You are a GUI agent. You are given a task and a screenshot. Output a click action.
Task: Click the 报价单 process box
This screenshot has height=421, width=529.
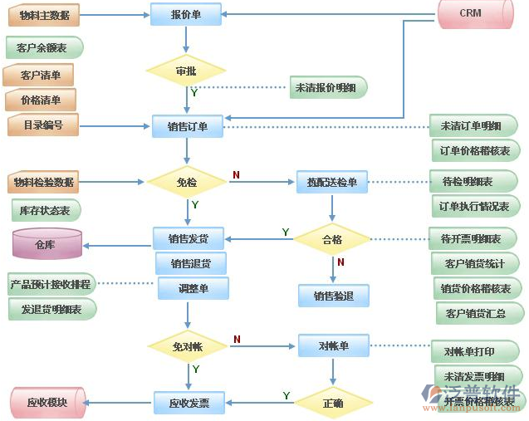pos(186,14)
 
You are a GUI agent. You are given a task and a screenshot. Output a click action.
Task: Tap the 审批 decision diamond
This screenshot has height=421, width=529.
pos(186,71)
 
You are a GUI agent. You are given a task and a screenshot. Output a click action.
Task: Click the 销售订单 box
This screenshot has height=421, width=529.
pos(187,126)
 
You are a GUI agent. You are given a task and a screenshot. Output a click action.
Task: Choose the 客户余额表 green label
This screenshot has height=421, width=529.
pos(43,48)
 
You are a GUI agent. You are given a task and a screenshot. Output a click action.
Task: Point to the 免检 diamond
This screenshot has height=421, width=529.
pos(186,182)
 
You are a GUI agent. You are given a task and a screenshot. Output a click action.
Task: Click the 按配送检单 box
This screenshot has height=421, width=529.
pos(331,182)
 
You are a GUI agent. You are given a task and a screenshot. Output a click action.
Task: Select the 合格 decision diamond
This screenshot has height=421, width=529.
pos(332,239)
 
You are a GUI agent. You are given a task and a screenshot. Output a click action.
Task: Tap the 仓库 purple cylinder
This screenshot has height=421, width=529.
pos(47,244)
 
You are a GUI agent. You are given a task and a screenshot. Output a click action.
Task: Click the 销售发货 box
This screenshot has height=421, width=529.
pos(188,238)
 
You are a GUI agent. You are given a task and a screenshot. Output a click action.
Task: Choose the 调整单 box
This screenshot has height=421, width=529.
pos(193,288)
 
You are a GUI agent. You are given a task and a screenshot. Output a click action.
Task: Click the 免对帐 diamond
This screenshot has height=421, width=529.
pos(187,345)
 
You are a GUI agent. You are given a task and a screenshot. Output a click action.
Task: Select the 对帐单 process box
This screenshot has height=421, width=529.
pos(333,345)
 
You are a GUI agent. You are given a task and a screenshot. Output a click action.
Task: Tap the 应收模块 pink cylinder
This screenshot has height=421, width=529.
pos(47,403)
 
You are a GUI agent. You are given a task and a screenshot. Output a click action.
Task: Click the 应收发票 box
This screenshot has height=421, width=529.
pos(188,404)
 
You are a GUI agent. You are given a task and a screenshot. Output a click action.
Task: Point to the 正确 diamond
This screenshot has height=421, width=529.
pos(332,404)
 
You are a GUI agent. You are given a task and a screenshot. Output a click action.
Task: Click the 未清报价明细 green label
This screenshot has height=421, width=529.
pos(326,87)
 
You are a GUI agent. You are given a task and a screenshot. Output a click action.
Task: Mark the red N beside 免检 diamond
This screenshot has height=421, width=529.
pos(236,175)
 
